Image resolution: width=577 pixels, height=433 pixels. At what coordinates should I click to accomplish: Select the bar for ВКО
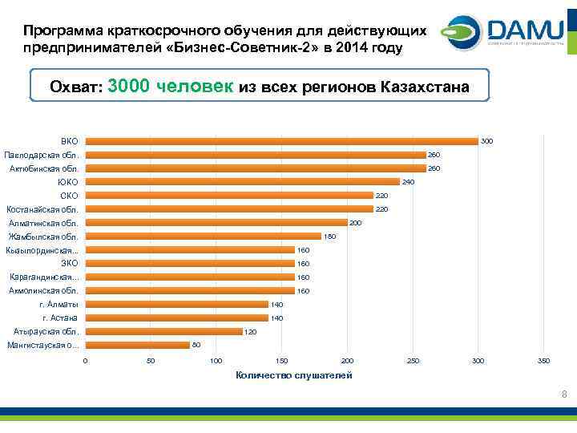click(282, 141)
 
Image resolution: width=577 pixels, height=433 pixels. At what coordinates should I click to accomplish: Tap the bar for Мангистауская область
click(138, 345)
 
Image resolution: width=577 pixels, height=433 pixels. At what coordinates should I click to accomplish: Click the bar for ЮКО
click(243, 182)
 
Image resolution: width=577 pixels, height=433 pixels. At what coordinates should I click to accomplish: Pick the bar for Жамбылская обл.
click(204, 237)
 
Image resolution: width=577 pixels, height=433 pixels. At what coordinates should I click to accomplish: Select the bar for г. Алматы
click(177, 305)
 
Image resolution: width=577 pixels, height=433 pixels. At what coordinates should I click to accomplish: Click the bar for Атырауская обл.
click(164, 331)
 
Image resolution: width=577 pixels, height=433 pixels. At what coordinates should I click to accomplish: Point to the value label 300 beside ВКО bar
click(487, 141)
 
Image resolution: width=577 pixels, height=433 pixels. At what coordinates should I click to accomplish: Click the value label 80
click(196, 345)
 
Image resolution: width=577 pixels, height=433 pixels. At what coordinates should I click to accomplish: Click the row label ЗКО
click(69, 264)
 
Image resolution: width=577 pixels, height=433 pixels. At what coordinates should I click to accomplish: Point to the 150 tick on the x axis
click(282, 362)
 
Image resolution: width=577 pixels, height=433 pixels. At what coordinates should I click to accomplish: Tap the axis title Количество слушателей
click(293, 375)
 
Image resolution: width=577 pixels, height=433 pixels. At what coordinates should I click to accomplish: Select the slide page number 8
click(564, 394)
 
